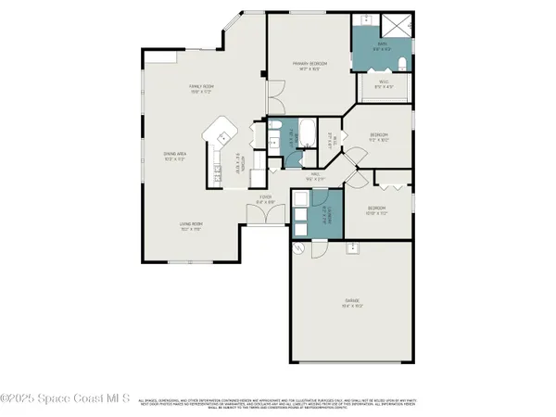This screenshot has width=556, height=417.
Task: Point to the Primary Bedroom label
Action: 304,67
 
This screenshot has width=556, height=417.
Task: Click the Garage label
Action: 353,302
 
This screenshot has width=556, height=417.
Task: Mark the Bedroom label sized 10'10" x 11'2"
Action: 375,210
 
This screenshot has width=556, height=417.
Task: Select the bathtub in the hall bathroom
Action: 310,138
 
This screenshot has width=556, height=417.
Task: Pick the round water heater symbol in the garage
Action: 298,249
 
